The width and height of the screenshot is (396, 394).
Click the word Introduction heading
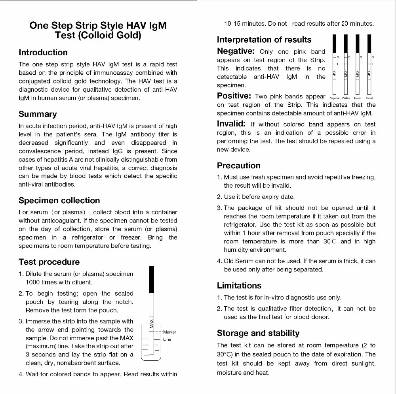tap(43, 53)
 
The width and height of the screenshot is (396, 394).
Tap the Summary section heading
tap(38, 114)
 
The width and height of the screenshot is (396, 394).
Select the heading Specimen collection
tap(59, 200)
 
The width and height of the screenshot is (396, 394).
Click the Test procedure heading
tap(49, 262)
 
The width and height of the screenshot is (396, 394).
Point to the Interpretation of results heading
tap(264, 40)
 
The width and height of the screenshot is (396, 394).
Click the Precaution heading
tap(239, 166)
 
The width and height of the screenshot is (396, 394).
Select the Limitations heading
tap(239, 286)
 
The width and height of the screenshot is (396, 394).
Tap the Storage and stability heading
tap(258, 333)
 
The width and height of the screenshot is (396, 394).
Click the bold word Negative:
tap(236, 51)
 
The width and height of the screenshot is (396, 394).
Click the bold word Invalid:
tap(231, 124)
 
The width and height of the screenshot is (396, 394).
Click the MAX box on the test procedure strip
tap(151, 323)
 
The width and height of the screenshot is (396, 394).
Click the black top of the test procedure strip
tap(151, 280)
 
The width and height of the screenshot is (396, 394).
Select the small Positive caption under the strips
tap(346, 98)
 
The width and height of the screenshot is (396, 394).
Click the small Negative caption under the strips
tap(334, 98)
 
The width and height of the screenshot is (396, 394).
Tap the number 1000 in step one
tap(32, 282)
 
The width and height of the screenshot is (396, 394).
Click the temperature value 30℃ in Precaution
tap(330, 241)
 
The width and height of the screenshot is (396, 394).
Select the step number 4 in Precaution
tap(219, 261)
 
